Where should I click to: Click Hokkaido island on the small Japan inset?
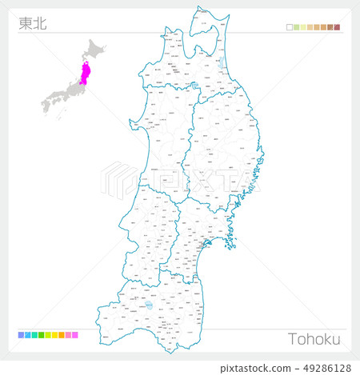98,51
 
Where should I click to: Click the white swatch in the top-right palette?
289,27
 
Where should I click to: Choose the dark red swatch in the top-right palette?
338,27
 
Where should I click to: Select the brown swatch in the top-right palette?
330,27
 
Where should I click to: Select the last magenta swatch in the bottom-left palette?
75,334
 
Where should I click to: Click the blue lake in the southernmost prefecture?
150,305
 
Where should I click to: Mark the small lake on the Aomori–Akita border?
194,86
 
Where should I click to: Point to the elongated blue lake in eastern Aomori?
222,62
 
